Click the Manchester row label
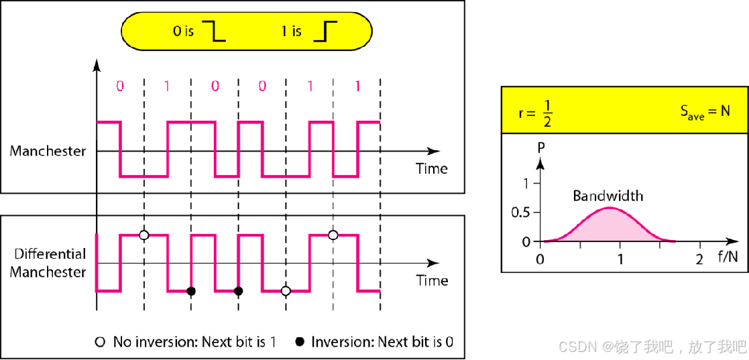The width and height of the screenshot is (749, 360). point(48,151)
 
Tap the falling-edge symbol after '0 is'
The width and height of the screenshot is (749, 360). point(216,32)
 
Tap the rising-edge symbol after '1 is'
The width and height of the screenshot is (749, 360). point(326,32)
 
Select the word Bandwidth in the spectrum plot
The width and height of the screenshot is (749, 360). point(608,196)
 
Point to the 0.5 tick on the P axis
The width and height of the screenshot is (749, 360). point(520,212)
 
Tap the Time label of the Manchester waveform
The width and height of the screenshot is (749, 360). point(431,168)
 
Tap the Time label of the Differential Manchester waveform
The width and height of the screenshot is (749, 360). point(431,280)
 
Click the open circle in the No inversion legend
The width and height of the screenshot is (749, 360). point(100,342)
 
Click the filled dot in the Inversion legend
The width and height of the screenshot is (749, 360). point(299,342)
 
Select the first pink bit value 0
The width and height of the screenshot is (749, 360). point(119,86)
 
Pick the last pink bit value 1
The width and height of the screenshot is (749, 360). point(357,86)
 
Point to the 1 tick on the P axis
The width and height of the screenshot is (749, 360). point(526,183)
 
